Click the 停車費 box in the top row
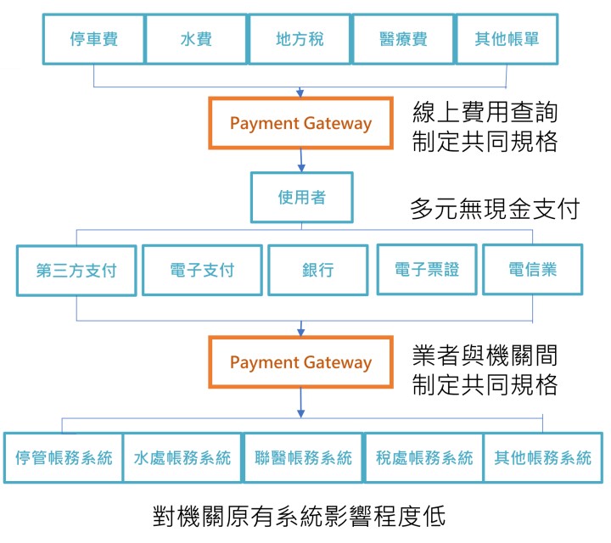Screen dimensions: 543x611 coord(93,39)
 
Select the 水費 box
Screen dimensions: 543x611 coord(196,39)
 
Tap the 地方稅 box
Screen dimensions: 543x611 coord(300,39)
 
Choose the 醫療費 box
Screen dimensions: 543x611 coord(403,39)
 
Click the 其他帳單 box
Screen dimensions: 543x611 coord(506,39)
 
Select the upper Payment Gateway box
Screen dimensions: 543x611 coord(300,123)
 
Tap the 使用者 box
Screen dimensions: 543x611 coord(301,198)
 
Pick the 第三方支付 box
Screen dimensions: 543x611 coord(76,271)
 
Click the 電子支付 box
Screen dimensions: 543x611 coord(201,270)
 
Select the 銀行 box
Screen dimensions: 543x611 coord(317,271)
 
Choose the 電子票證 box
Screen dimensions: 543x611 coord(427,269)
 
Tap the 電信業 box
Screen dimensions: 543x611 coord(533,269)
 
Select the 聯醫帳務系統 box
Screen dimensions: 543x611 coord(303,458)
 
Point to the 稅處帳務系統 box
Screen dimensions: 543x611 coord(423,458)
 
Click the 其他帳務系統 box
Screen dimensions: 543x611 coord(542,458)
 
